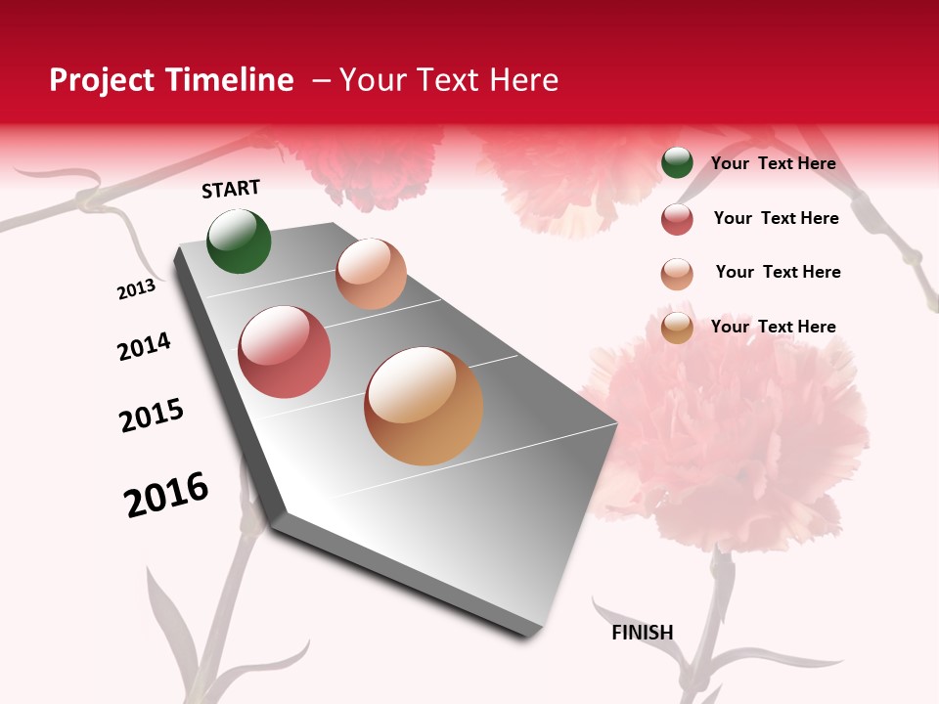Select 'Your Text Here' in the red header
pos(449,80)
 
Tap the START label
pos(231,189)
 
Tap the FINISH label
pos(643,633)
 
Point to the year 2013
pos(136,289)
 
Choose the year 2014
pos(144,346)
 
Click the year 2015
pos(152,415)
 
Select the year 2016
pos(166,495)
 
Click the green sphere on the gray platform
pos(239,241)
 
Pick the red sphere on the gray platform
pos(285,352)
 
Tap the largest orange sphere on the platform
pos(424,406)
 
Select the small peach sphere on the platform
pos(371,274)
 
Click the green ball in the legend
pos(677,163)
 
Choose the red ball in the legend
pos(677,219)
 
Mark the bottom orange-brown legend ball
pos(677,328)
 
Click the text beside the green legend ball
pos(773,163)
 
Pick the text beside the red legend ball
pos(776,218)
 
